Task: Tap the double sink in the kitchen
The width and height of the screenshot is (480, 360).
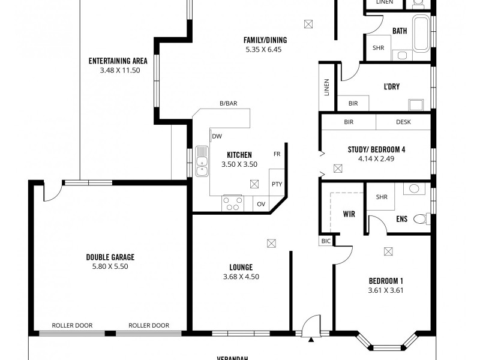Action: pyautogui.click(x=202, y=163)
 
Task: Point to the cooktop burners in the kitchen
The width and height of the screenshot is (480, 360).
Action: pyautogui.click(x=233, y=203)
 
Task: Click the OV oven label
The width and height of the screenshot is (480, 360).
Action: pyautogui.click(x=261, y=204)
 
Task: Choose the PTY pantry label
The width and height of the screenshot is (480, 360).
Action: pyautogui.click(x=276, y=184)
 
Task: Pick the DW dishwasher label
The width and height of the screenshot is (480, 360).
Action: pyautogui.click(x=217, y=136)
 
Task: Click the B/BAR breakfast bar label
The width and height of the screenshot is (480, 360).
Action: pyautogui.click(x=228, y=103)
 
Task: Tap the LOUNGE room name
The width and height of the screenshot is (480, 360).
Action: pyautogui.click(x=241, y=267)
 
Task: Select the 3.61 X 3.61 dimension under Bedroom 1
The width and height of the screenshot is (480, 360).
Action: pyautogui.click(x=385, y=290)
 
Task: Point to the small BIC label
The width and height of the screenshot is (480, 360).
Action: pyautogui.click(x=326, y=241)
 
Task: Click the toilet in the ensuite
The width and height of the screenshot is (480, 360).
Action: pyautogui.click(x=427, y=218)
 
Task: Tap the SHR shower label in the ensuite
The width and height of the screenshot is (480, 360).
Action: pyautogui.click(x=381, y=197)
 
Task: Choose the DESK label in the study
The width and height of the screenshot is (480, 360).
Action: pyautogui.click(x=403, y=122)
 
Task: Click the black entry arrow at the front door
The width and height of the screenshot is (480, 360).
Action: pyautogui.click(x=311, y=340)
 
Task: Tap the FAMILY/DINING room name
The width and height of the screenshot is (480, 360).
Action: pyautogui.click(x=265, y=40)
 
